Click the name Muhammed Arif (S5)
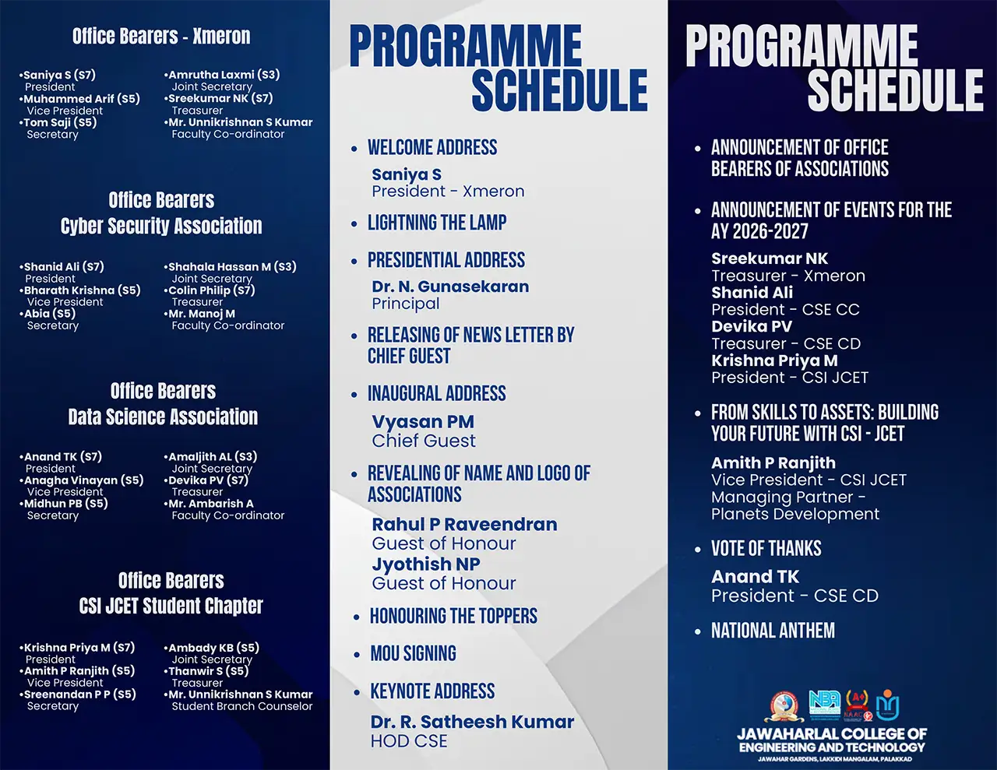coord(82,99)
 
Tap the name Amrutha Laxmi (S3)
coord(224,75)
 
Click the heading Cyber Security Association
coord(161,226)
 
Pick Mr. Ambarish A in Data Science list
coord(211,504)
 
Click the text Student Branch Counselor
coord(241,706)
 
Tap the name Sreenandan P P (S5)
coord(79,694)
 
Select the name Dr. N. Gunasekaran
coord(450,287)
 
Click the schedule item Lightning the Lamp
coord(437,223)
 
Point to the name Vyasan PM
coord(423,422)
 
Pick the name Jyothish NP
coord(426,564)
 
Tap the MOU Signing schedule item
coord(414,653)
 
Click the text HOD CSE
coord(409,741)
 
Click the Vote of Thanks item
coord(766,548)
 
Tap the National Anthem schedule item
coord(773,631)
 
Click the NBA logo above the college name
coord(825,705)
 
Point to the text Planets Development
coord(795,514)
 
